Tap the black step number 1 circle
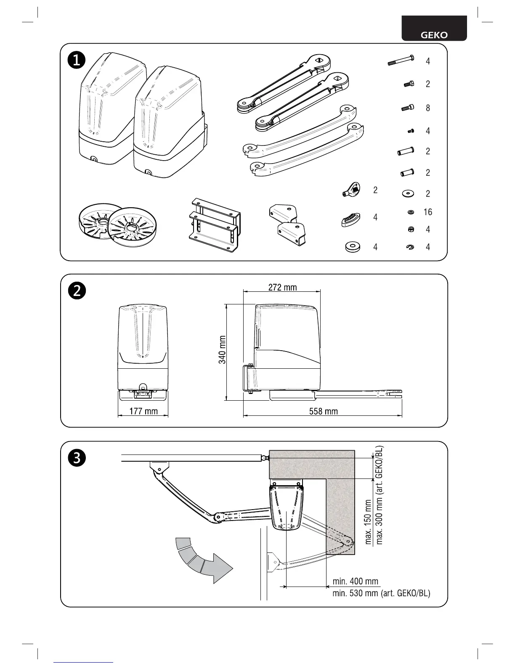click(x=77, y=60)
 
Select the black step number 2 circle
click(x=77, y=291)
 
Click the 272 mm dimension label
click(x=282, y=288)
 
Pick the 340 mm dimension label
click(x=223, y=349)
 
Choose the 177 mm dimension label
click(x=143, y=411)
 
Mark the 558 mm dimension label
click(x=323, y=411)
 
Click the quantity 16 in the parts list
click(x=427, y=212)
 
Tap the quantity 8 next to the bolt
click(x=427, y=108)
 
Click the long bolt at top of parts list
click(x=401, y=61)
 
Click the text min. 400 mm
click(x=356, y=581)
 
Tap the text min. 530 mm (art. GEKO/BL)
click(x=381, y=593)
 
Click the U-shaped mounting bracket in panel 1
click(x=214, y=225)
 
